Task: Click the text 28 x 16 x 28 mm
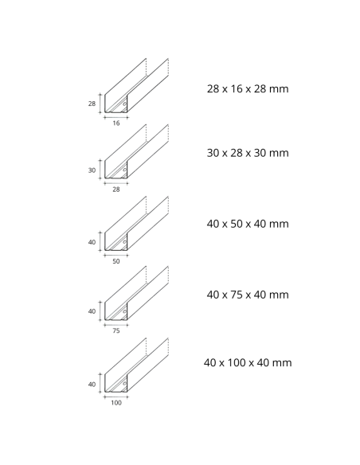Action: (x=247, y=88)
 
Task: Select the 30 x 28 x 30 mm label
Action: (x=247, y=153)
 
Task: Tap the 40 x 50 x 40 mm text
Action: (x=247, y=224)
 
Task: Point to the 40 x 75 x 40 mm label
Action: (x=247, y=295)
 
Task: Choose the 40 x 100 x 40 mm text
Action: (x=247, y=363)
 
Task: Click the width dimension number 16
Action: (x=116, y=123)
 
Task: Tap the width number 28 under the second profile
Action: (x=116, y=190)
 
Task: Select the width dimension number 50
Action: (x=116, y=260)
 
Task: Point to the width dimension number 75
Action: (x=116, y=330)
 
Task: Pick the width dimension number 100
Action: (x=116, y=402)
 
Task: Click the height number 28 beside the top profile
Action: (x=92, y=104)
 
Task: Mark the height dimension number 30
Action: (x=92, y=170)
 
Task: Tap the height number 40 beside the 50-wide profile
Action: (x=92, y=241)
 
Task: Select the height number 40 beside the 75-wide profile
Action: (x=92, y=311)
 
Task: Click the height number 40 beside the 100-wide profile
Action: (x=92, y=384)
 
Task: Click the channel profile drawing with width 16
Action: (x=135, y=88)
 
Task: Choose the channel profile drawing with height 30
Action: (x=135, y=154)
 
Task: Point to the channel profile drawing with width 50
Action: (x=135, y=225)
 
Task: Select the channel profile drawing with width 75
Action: (x=135, y=295)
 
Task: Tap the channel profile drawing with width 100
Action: (x=135, y=367)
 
